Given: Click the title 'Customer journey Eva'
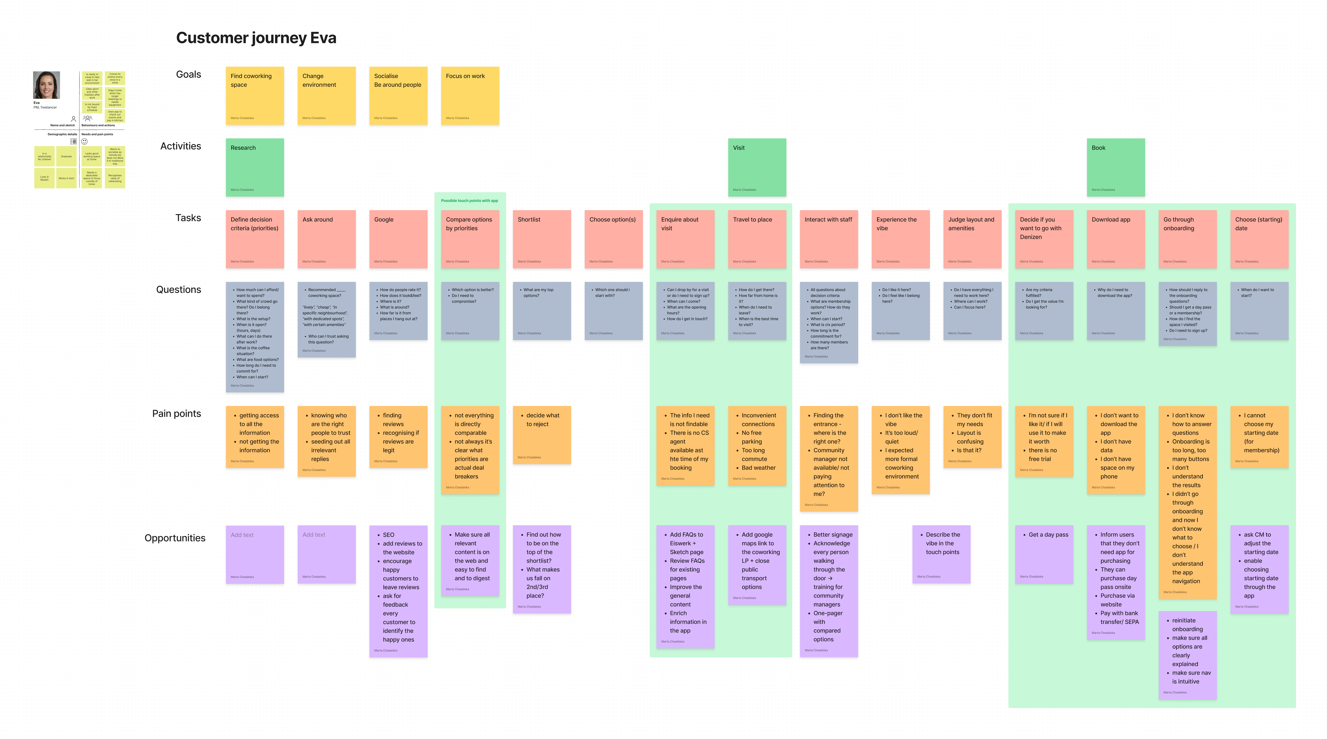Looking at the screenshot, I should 256,38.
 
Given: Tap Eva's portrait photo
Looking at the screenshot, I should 46,85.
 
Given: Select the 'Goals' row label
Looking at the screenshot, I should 189,74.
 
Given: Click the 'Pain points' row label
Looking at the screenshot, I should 177,413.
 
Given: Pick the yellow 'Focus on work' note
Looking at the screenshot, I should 470,95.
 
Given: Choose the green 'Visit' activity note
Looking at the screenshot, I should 757,167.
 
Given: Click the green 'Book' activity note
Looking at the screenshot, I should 1116,167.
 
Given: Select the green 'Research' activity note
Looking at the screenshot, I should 254,167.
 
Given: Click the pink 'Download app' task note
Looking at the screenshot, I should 1116,239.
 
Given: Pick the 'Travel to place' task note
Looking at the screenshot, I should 757,239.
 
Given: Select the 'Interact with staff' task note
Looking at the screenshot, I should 828,239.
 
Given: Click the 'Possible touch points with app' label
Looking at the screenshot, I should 469,201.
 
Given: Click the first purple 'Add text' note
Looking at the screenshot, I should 254,554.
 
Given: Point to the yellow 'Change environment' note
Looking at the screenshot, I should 326,95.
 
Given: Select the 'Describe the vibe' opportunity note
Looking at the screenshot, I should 941,554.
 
